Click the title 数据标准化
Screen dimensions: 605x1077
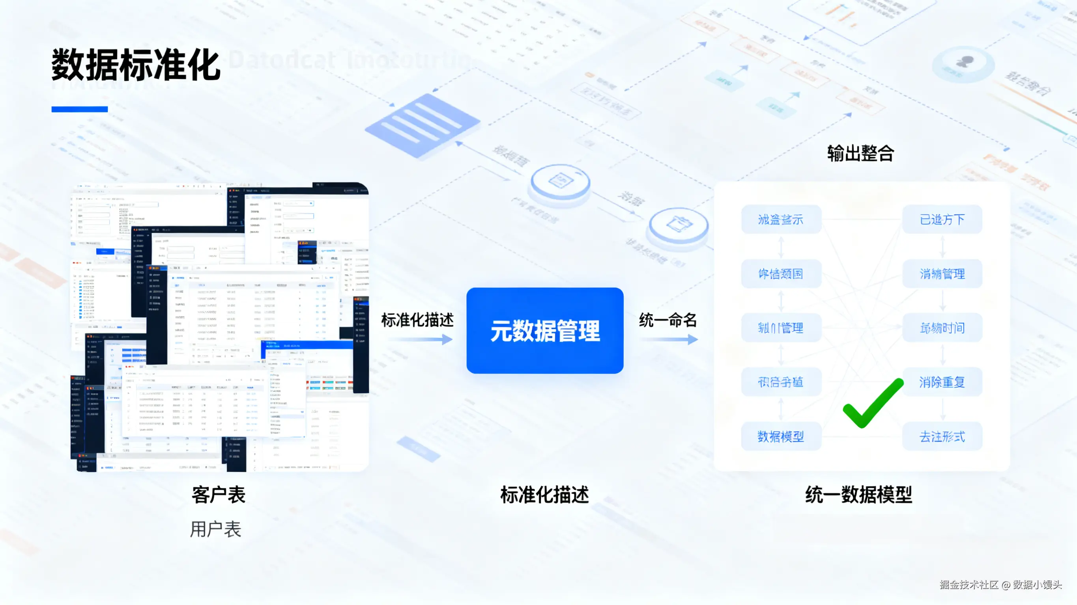[x=136, y=65]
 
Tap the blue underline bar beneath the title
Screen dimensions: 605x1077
[x=79, y=110]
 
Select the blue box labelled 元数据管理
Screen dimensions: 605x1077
[x=545, y=331]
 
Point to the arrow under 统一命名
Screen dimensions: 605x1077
[x=668, y=339]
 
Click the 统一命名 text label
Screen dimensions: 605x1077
[x=668, y=320]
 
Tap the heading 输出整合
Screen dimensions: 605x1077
[x=860, y=153]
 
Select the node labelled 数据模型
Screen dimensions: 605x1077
[x=781, y=437]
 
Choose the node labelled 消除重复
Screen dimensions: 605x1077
[x=942, y=382]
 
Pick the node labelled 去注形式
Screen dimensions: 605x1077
[x=942, y=437]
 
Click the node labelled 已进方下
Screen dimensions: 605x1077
[x=942, y=220]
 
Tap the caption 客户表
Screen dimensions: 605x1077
[x=218, y=495]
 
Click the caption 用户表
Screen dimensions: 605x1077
[x=216, y=529]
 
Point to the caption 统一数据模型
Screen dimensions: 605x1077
[x=859, y=495]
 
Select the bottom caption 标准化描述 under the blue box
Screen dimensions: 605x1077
[x=544, y=495]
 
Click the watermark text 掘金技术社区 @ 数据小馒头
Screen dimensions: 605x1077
[x=1000, y=585]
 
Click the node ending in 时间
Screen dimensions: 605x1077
[x=942, y=328]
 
